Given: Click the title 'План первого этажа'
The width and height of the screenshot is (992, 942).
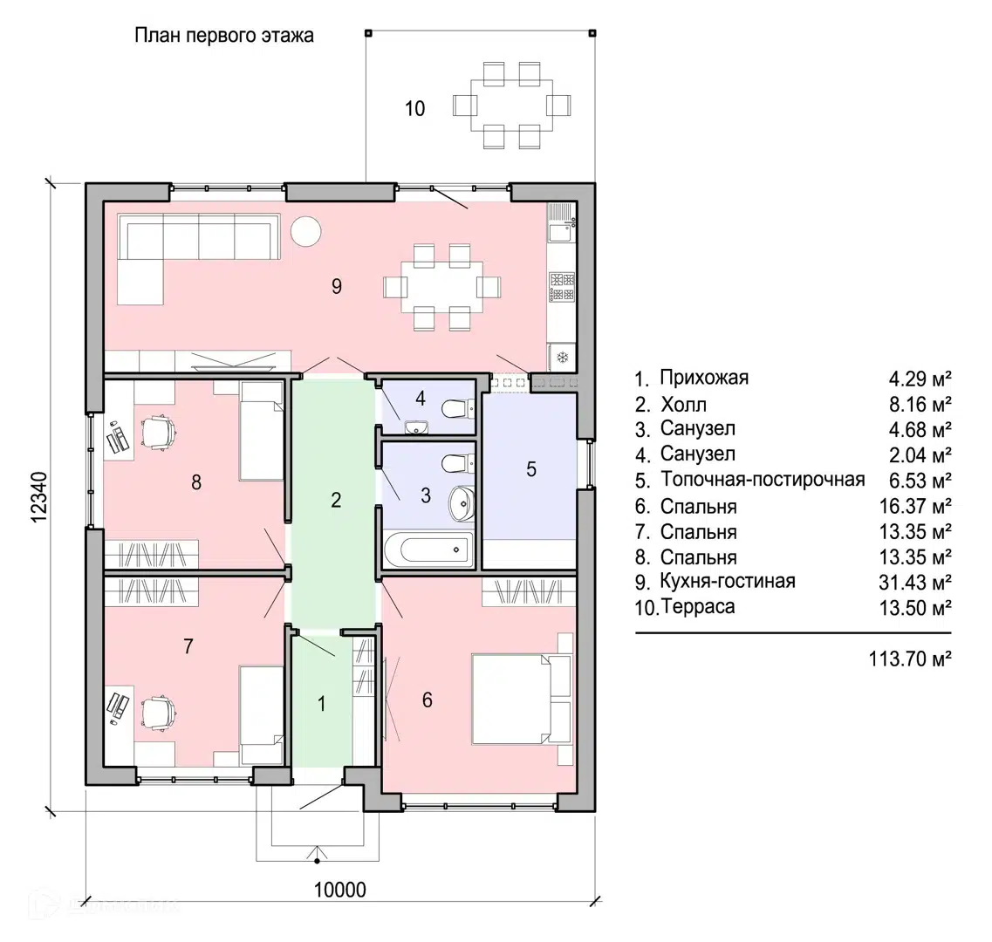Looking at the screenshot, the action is click(x=224, y=36).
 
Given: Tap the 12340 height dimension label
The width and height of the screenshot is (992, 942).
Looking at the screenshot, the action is click(x=39, y=497).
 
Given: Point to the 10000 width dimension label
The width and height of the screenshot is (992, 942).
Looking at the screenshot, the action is click(x=340, y=891).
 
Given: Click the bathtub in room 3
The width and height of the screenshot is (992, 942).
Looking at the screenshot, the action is click(x=428, y=549).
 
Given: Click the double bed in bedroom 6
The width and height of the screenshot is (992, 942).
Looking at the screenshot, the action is click(x=522, y=699).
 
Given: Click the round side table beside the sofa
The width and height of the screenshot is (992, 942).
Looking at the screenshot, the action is click(x=306, y=231).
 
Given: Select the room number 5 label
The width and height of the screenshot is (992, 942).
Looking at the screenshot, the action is click(x=530, y=469).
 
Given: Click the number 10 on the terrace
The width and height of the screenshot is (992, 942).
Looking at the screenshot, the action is click(x=415, y=109).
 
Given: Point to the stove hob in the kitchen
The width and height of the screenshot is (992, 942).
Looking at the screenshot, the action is click(x=562, y=286).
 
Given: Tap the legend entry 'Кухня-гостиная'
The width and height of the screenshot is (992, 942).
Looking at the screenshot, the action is click(x=728, y=581).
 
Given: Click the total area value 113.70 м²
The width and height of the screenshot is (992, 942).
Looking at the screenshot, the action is click(x=910, y=659).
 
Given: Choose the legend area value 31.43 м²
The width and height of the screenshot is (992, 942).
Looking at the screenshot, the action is click(x=915, y=582).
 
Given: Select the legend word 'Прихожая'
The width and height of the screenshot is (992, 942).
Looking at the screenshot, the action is click(x=704, y=378).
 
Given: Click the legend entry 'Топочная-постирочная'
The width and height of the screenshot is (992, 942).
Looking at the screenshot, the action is click(x=763, y=480).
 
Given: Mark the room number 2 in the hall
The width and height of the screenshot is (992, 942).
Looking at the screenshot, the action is click(x=336, y=500).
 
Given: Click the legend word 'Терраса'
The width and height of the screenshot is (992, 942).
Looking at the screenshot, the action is click(x=699, y=607).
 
